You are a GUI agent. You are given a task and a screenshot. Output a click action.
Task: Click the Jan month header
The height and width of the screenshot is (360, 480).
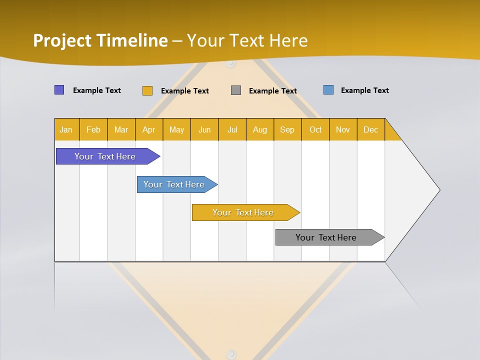coord(66,129)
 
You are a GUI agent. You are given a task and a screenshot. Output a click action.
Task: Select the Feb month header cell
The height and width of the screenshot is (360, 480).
coord(93,129)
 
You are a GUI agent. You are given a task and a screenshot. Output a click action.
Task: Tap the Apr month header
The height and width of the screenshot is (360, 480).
coord(149,129)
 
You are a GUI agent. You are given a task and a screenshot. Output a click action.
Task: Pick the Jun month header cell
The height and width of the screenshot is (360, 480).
coord(204,129)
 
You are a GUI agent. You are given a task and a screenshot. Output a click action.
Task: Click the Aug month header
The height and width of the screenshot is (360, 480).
coord(260,129)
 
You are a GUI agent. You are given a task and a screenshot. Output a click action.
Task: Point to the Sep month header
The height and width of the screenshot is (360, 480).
coord(287,129)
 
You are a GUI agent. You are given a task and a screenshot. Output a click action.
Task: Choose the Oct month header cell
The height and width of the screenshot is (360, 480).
coord(315,129)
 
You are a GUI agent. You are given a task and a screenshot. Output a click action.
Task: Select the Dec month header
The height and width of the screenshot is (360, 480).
coord(371,129)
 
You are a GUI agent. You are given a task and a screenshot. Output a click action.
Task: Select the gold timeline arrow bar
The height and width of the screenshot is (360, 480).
coord(243,212)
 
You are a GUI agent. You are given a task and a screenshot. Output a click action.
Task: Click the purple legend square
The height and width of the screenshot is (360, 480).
coord(59,90)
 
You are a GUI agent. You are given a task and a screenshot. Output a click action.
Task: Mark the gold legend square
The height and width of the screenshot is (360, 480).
coord(147,90)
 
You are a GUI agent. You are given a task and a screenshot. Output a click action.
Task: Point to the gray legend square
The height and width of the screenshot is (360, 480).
coord(236,90)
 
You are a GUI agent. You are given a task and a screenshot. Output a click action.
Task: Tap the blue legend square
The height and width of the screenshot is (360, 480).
coord(328,90)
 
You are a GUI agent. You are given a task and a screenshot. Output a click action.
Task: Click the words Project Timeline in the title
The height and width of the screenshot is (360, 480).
coord(100,40)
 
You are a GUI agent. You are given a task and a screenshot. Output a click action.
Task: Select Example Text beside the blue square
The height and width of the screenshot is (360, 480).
coord(364,90)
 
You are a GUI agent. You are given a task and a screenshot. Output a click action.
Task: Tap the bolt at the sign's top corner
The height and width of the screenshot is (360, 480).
coord(230,64)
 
